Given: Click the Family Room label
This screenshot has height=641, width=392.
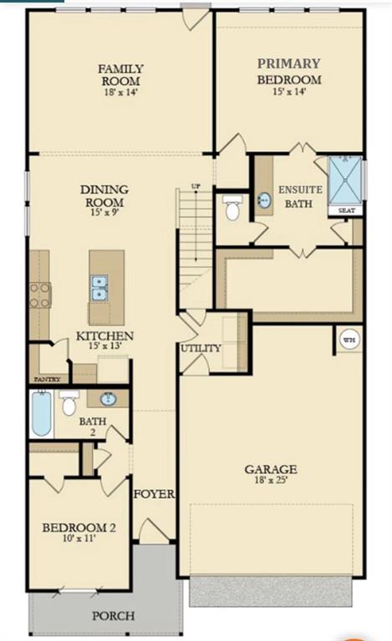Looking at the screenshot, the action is coord(120,75).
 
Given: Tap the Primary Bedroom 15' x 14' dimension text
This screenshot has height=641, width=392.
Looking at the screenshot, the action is coord(289,92).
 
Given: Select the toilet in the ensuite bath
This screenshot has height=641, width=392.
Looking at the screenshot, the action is coord(232,207).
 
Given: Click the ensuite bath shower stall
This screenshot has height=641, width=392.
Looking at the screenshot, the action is coord(345,180).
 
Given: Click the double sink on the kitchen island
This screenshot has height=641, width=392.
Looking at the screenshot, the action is coord(99,288).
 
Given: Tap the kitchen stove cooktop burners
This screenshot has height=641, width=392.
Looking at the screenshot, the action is coord(40,295).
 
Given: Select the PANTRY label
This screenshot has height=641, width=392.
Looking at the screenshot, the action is coord(47,380).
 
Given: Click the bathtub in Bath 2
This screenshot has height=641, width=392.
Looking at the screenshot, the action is coord(42,413).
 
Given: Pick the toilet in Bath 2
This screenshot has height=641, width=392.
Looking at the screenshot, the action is coord(69,403).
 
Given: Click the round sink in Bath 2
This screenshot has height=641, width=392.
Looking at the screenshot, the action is coord(109,399).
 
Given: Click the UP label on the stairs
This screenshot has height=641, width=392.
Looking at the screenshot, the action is coord(196,186).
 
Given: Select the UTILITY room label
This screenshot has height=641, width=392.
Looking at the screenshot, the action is coord(201,348).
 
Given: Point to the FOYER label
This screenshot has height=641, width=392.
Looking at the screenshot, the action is coord(155,494).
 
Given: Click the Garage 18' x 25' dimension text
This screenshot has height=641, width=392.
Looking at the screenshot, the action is coord(271,480).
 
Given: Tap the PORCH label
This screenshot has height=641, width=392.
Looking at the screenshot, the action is coord(114,616).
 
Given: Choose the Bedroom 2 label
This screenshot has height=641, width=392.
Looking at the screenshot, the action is coord(79,527).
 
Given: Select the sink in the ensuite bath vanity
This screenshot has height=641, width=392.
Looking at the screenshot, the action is coord(264,200).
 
